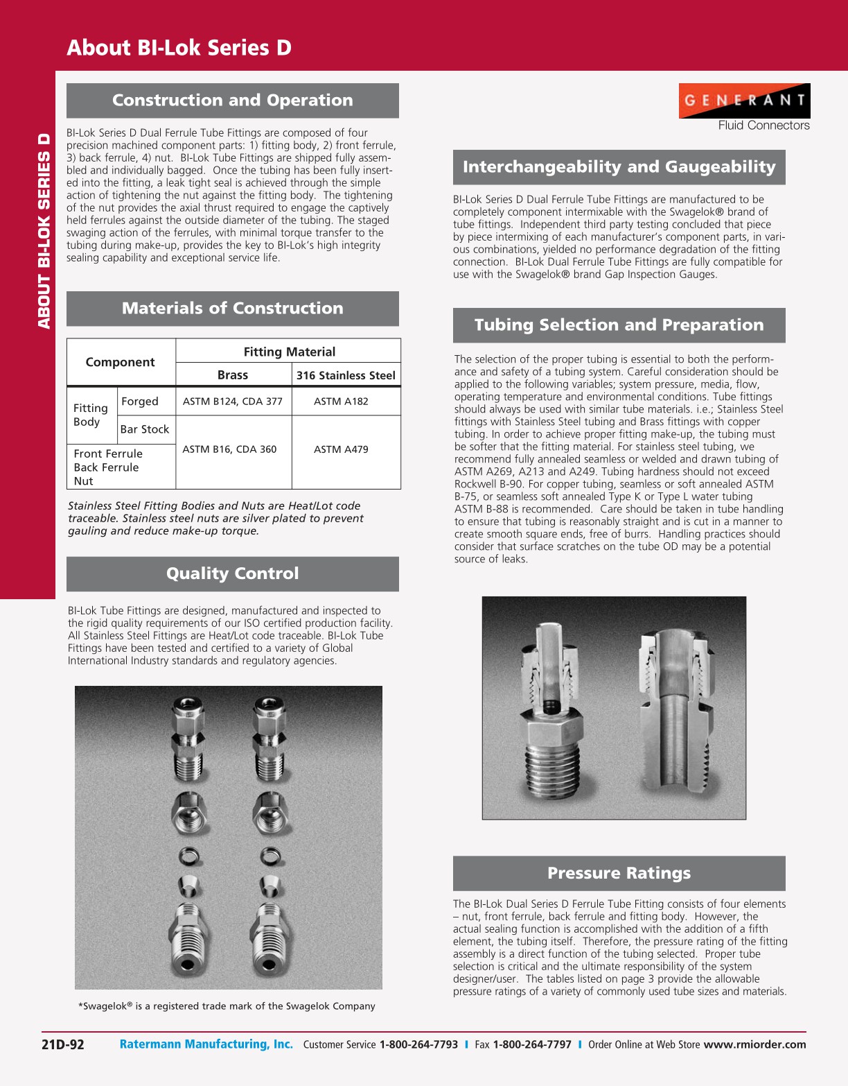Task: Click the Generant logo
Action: tap(744, 101)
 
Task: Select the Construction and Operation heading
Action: tap(232, 101)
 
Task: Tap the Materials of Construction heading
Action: tap(232, 309)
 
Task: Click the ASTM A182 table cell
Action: tap(341, 402)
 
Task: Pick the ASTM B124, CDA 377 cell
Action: tap(233, 402)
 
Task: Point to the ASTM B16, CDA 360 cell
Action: tap(229, 449)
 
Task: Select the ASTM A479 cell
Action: tap(341, 449)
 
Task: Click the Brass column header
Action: tap(233, 375)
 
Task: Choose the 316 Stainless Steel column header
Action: tap(346, 375)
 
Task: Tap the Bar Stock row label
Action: tap(145, 429)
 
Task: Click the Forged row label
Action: tap(140, 402)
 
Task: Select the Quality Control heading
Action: tap(232, 574)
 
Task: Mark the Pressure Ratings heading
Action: tap(619, 873)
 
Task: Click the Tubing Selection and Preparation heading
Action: tap(619, 325)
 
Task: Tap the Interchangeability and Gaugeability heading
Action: tap(619, 167)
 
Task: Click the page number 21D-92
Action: tap(63, 1044)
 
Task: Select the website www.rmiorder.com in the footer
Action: tap(754, 1044)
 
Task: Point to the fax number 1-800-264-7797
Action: tap(532, 1044)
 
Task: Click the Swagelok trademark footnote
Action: tap(227, 1006)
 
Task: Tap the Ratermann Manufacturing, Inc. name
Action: tap(206, 1044)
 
